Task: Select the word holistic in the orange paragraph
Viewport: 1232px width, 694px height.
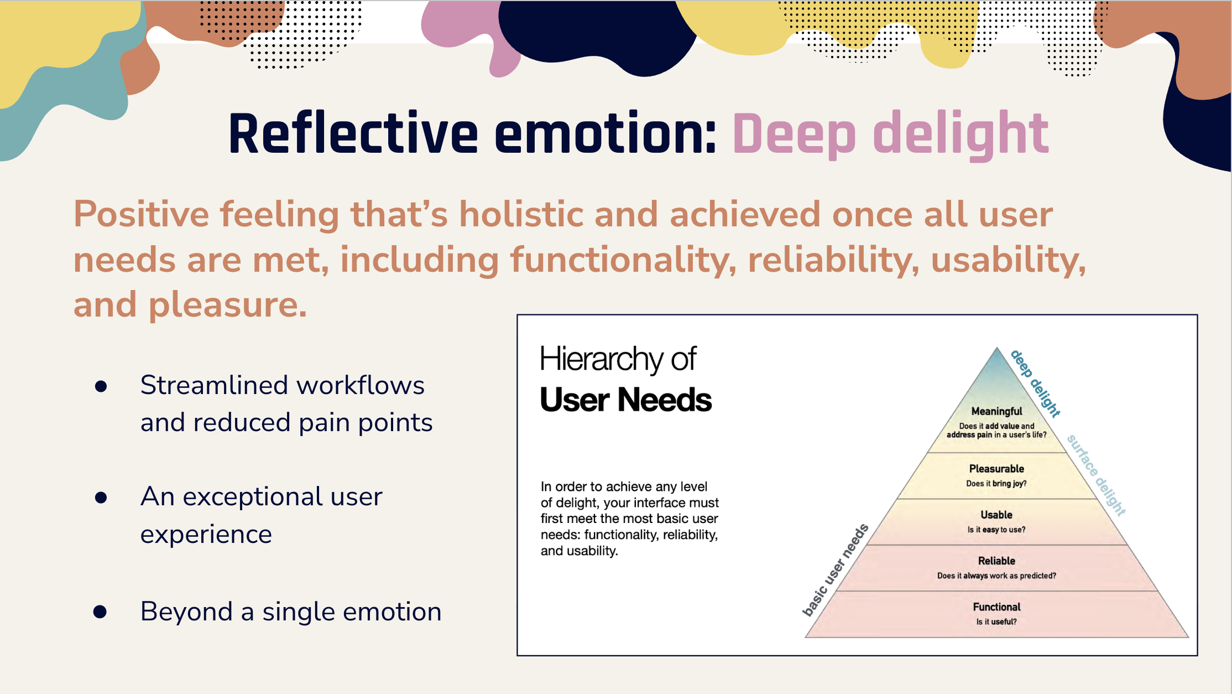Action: point(521,214)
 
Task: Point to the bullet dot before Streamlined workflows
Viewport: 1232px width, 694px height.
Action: point(101,386)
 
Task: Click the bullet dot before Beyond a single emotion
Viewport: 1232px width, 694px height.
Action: point(100,612)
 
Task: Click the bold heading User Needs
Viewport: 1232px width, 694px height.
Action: point(625,400)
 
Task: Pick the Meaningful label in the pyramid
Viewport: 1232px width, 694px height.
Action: point(996,411)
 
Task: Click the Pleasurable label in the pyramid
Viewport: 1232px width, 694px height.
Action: point(996,469)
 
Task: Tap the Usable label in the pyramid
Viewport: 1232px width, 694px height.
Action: point(996,515)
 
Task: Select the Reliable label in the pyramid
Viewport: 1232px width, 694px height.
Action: point(996,561)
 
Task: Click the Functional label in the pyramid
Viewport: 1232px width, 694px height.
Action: point(996,607)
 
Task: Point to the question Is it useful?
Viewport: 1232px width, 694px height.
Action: point(996,622)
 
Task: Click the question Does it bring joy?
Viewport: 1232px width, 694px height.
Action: point(996,484)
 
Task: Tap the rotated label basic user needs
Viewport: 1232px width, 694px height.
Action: point(835,570)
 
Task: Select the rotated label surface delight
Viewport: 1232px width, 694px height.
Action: point(1096,475)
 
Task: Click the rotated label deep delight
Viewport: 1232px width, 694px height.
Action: point(1035,383)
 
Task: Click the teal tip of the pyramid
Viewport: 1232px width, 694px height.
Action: point(997,365)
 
